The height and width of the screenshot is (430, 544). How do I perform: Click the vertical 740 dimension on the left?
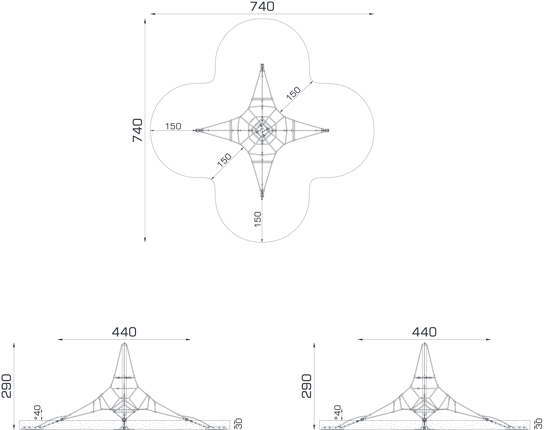(138, 130)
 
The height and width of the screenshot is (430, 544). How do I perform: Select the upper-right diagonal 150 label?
(294, 93)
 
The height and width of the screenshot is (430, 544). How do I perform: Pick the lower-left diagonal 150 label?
(224, 160)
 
